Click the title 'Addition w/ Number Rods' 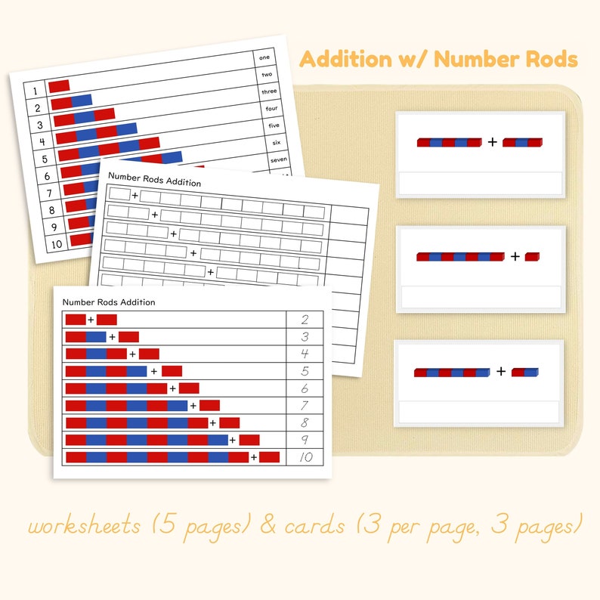click(440, 60)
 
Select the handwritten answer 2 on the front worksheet click(304, 320)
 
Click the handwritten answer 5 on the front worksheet click(304, 371)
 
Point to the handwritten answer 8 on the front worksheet click(304, 422)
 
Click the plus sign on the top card click(493, 141)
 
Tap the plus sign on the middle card click(515, 257)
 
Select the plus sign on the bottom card click(501, 371)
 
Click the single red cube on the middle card click(533, 257)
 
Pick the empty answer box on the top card click(481, 184)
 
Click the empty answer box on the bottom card click(481, 413)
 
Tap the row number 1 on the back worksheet click(34, 91)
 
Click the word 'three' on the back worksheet click(269, 91)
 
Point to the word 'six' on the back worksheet click(275, 143)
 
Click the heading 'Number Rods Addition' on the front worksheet click(109, 302)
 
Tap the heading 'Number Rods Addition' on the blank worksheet click(154, 182)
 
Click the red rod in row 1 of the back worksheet click(59, 86)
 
